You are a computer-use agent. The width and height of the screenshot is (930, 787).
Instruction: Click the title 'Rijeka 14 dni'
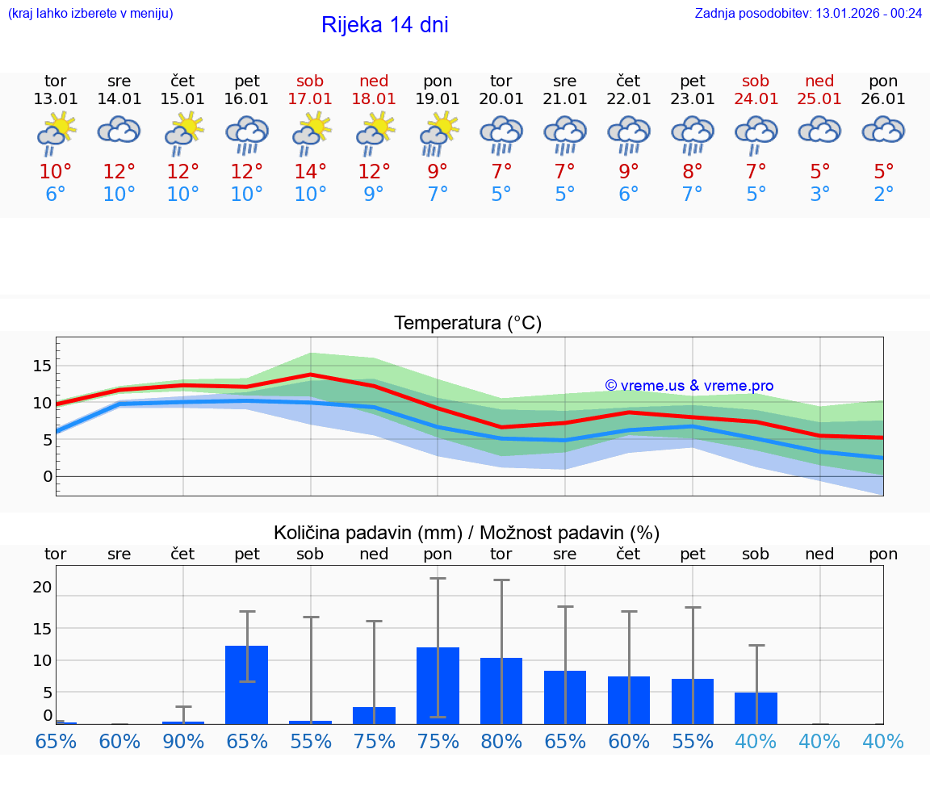coord(384,25)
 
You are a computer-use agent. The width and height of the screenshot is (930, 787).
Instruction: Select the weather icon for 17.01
coord(310,134)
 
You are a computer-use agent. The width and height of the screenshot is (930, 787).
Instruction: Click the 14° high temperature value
coord(310,172)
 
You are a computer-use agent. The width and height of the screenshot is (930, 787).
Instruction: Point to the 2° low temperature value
coord(883,195)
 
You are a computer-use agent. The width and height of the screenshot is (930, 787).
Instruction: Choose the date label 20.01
coord(501,98)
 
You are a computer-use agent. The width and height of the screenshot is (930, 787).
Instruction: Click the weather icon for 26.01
coord(883,131)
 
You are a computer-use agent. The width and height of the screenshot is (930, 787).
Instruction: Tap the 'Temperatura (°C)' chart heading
coord(467,324)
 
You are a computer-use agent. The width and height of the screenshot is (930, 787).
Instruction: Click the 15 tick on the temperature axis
coord(42,366)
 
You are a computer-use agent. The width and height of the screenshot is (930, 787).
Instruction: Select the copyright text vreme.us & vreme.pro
coord(689,386)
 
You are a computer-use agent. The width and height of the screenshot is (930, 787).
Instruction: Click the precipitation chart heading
coord(467,533)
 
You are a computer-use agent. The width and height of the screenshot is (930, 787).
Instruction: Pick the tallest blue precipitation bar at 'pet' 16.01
coord(246,684)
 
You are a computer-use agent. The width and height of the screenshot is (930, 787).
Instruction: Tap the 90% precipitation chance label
coord(183,741)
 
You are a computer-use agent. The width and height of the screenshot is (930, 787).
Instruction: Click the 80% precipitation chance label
coord(501,741)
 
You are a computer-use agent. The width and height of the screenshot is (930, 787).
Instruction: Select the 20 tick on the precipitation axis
coord(42,587)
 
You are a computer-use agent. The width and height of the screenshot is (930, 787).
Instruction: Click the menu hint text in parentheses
coord(90,13)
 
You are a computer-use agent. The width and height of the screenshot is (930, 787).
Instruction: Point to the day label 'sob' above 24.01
coord(756,81)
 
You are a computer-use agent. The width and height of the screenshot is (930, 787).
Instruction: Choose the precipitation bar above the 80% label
coord(501,691)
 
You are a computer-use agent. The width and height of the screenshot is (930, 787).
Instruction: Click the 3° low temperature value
coord(819,195)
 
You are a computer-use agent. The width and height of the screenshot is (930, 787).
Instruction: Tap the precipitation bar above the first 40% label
coord(756,708)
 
